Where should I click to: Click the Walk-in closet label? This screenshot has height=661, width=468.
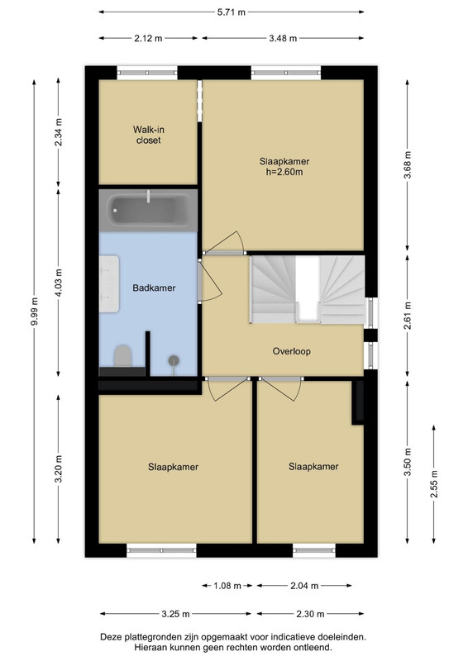coord(149,135)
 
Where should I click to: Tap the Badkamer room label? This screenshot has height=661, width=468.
coord(154,288)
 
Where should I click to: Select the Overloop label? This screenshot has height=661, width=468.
coord(292,351)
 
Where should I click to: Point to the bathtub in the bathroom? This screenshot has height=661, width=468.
coord(148,211)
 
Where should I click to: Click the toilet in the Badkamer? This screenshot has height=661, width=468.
coord(123,356)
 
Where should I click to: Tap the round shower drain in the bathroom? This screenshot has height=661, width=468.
coord(174,360)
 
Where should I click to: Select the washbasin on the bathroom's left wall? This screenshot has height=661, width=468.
coord(109,283)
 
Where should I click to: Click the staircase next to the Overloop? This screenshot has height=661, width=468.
coord(308,290)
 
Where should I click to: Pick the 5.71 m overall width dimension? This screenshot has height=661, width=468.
coord(232,12)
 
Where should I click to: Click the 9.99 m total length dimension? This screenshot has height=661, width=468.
coord(34,311)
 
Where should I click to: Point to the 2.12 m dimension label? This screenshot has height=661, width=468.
coord(148,38)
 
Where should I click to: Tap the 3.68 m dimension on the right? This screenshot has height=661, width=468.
coord(408,164)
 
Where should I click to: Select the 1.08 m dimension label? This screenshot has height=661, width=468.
coord(227,586)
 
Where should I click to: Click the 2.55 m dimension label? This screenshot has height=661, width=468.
coord(434,483)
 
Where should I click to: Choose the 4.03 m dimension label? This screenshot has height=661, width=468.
coord(58,283)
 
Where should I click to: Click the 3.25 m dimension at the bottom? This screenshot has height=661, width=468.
coord(175,614)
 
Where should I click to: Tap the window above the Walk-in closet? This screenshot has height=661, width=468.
coord(147,73)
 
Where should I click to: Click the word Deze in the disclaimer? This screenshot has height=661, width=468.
coord(109,637)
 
